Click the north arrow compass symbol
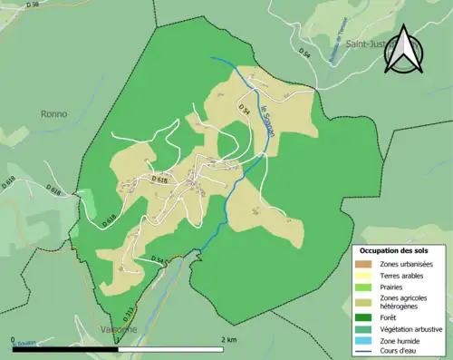401,51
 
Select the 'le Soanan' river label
266,122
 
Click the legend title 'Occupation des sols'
394,250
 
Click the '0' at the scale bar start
14,340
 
